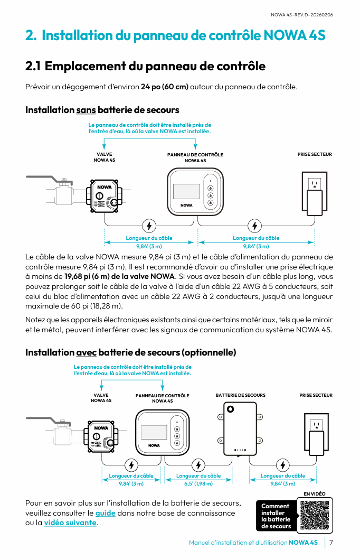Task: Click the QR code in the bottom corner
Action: click(316, 515)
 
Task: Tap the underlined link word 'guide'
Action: click(105, 513)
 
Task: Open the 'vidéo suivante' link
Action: click(70, 522)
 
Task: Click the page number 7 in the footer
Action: click(331, 543)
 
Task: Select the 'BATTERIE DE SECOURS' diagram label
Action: click(240, 395)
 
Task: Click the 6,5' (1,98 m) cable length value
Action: click(198, 483)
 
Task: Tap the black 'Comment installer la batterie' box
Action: click(277, 516)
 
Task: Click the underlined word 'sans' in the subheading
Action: click(86, 110)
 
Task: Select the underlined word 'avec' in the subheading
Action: click(87, 352)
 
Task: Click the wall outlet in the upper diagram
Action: click(315, 193)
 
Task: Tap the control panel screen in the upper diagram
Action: click(186, 191)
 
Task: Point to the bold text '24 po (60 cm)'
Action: click(164, 87)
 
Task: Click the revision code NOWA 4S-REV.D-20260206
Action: click(302, 15)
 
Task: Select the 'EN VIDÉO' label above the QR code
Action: click(315, 493)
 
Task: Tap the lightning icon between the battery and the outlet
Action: click(283, 465)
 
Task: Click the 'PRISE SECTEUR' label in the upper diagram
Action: click(315, 154)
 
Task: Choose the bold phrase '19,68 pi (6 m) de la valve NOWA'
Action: click(120, 276)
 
